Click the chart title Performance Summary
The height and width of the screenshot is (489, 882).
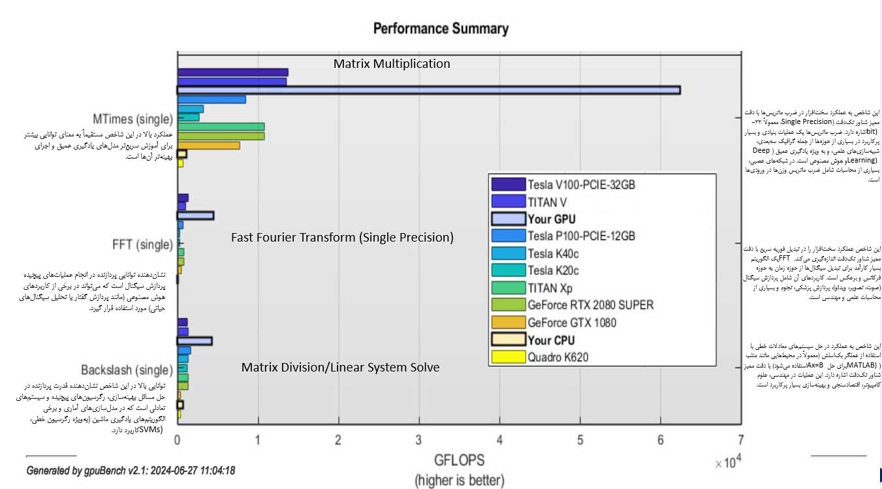point(441,29)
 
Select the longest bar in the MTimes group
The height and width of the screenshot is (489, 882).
point(428,90)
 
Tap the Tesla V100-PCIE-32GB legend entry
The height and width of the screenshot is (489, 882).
point(580,185)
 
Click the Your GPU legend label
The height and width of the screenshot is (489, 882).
point(552,219)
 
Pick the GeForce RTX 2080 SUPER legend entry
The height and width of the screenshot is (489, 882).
point(590,305)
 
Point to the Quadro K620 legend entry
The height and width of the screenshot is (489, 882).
point(561,357)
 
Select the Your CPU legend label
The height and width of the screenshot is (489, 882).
point(552,339)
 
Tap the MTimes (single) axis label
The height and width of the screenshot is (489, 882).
point(133,119)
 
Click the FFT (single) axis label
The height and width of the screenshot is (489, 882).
point(142,245)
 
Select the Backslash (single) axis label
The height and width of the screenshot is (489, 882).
point(127,370)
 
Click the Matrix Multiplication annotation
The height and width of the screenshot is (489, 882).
point(392,64)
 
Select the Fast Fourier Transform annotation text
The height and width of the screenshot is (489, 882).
point(342,238)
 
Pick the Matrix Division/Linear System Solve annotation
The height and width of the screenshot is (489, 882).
point(340,368)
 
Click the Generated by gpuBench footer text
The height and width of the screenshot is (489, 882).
point(131,470)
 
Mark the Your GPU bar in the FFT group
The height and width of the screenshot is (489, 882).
point(195,215)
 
